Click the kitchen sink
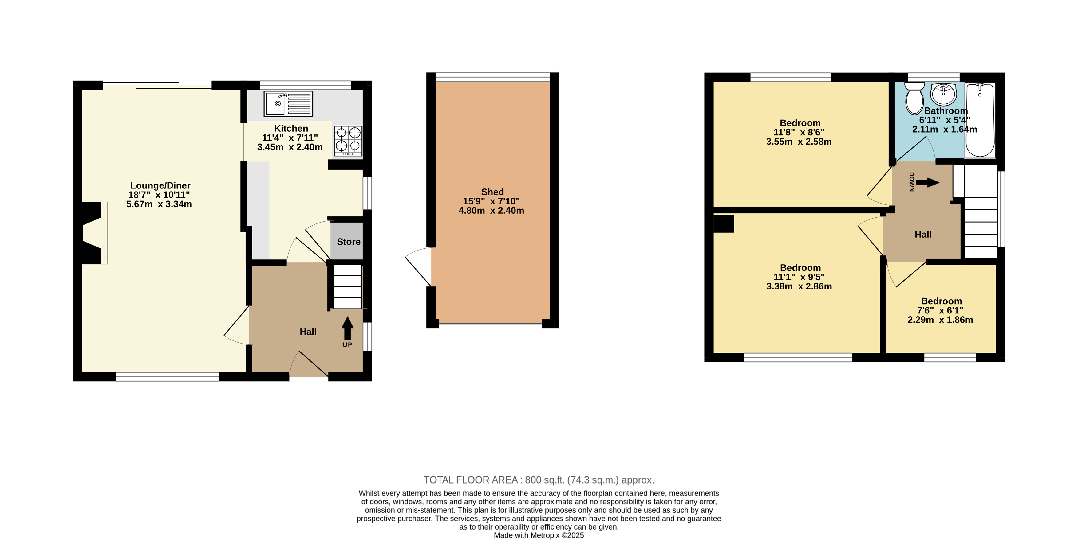click(x=288, y=104)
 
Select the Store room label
click(x=349, y=242)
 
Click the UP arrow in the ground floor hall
click(x=347, y=328)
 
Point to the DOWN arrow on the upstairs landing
click(x=927, y=183)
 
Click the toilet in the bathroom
click(x=914, y=98)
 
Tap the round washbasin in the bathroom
click(x=943, y=94)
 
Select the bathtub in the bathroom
click(x=980, y=120)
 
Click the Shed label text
click(x=492, y=192)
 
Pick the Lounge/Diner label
click(x=160, y=185)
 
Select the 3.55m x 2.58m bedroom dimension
click(x=799, y=142)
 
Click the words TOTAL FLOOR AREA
click(x=470, y=480)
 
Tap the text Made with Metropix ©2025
click(x=539, y=535)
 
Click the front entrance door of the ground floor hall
click(x=309, y=363)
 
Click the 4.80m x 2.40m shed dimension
click(x=491, y=211)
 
